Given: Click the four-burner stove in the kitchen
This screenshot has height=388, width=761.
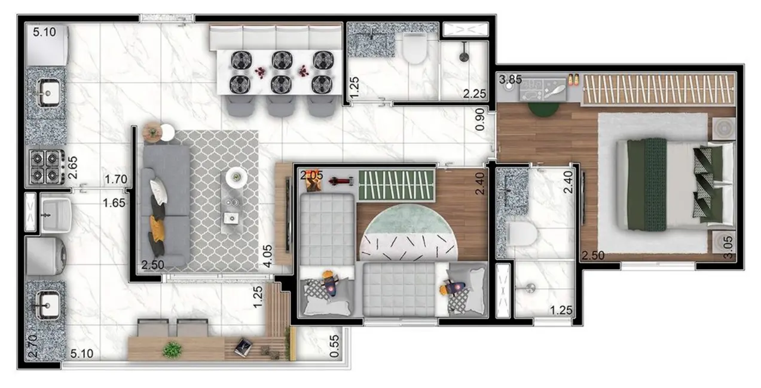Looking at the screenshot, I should pos(47,166).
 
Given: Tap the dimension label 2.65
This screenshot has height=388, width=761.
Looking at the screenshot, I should pos(72,167).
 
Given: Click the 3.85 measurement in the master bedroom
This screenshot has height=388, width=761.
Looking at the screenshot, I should pos(511,79).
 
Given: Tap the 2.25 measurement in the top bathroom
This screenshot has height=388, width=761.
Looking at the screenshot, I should pos(475,93).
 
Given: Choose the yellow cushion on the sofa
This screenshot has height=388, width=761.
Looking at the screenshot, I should pos(157,227).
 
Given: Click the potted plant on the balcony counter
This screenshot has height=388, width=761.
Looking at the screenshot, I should pos(172,349).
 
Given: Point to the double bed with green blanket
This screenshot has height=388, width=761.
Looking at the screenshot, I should pos(673,184).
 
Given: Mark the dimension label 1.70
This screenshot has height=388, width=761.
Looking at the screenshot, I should pos(115,178).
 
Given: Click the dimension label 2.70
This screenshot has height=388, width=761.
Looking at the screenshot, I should pos(33,346).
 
